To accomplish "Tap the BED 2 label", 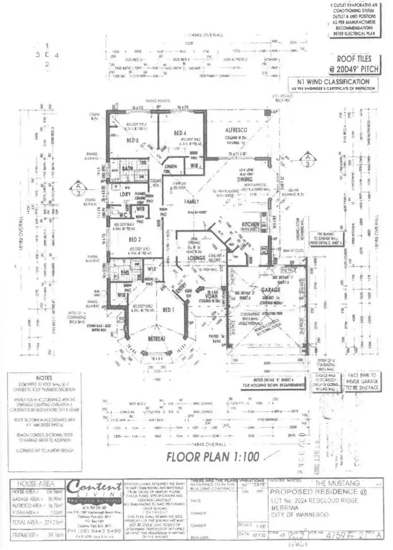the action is (x=135, y=239).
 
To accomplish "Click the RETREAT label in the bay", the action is (x=155, y=341).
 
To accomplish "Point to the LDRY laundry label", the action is (x=124, y=194).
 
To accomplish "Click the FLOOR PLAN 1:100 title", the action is (x=213, y=457).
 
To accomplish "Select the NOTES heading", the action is (x=43, y=379).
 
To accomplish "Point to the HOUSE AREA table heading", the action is (x=36, y=484).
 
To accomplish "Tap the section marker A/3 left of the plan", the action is (x=77, y=189).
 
